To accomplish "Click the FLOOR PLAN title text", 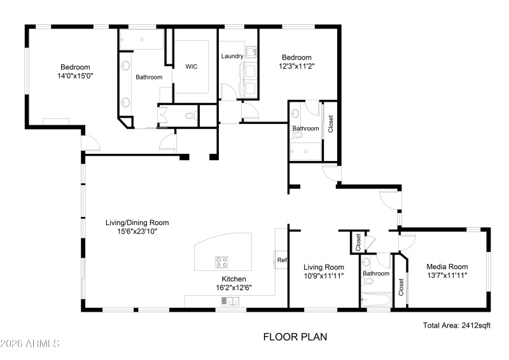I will point(295,337).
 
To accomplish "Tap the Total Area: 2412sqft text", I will point(456,325).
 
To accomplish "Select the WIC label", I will point(192,66).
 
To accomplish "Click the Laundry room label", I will point(232,56).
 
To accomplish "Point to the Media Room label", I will point(447,267).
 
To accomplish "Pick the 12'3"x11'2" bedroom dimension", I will point(296,66).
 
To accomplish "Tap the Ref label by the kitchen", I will point(282,260).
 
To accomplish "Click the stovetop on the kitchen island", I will point(222,261).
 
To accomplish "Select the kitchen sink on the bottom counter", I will point(228,301).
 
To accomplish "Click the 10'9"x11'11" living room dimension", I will point(323,276).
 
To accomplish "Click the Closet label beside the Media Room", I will point(401,287).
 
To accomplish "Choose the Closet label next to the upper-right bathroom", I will point(330,124).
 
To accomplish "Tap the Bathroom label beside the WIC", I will point(149,77).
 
